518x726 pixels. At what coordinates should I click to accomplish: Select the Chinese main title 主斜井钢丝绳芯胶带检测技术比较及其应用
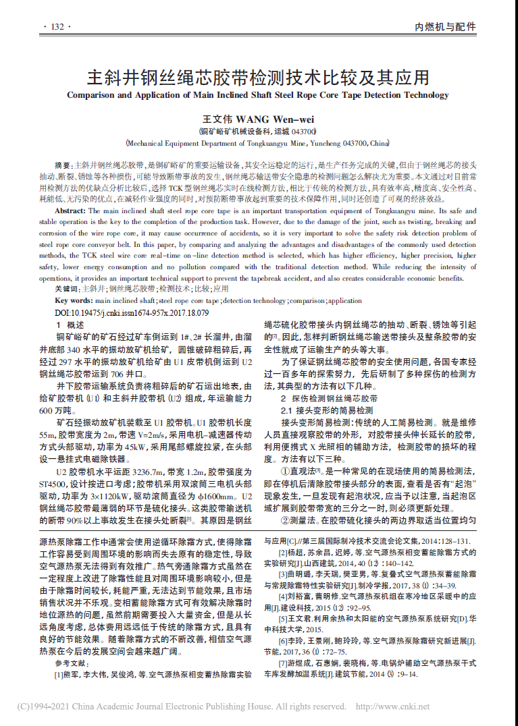[258, 75]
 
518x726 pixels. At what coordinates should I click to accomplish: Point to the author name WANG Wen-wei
[270, 119]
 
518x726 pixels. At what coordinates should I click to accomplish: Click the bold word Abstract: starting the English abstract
[70, 211]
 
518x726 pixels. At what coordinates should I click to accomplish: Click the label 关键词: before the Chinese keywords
[68, 289]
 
